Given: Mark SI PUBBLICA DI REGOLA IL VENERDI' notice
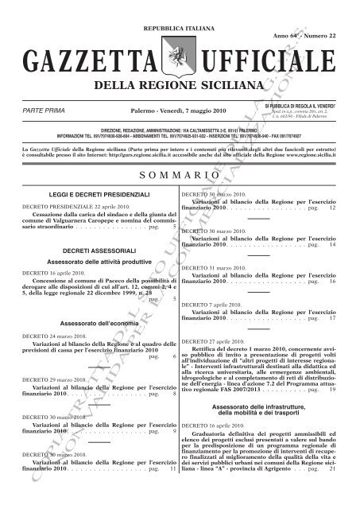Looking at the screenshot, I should click(x=305, y=103).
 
